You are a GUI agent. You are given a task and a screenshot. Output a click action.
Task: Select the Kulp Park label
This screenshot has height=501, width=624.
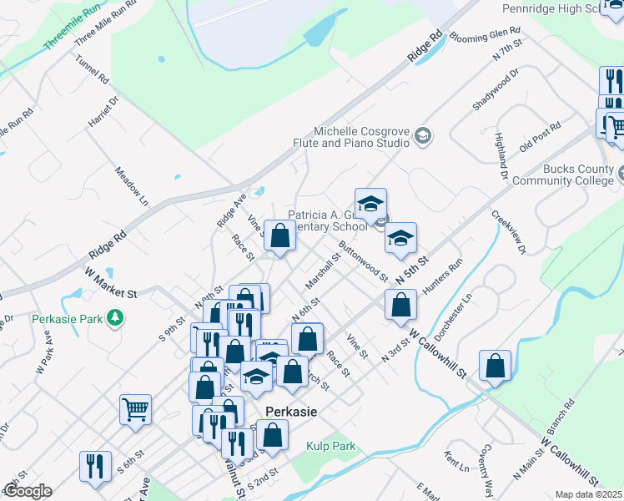point(330,447)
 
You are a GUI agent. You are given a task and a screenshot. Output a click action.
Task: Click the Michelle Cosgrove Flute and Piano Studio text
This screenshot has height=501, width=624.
point(361,137)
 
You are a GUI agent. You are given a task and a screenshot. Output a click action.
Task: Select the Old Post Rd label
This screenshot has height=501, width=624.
point(539,138)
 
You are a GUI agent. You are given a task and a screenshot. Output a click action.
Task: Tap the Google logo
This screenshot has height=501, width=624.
point(28,491)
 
